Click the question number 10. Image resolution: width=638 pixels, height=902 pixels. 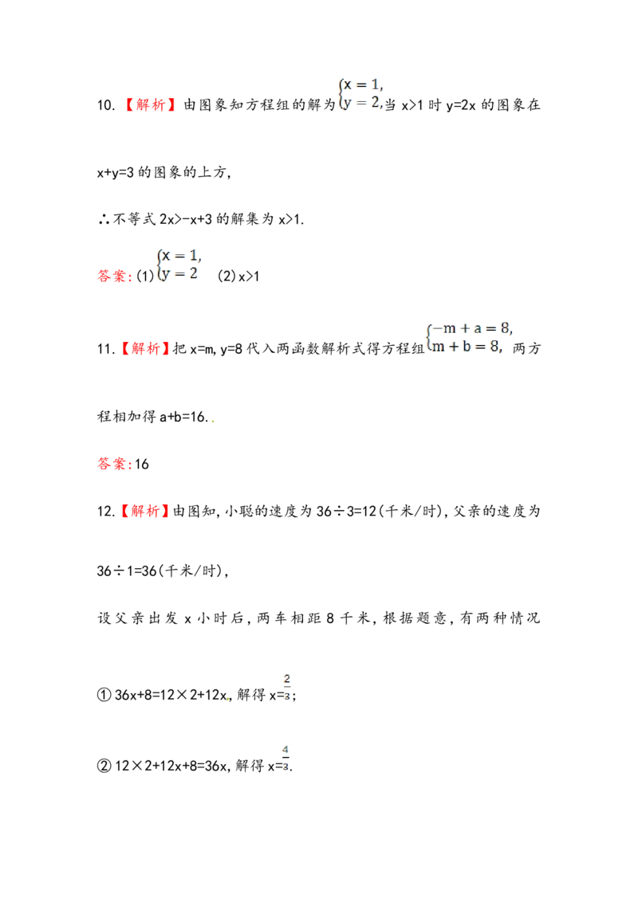107,105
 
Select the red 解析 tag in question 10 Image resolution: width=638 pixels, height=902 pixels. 151,104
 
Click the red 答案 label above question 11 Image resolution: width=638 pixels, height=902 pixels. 112,276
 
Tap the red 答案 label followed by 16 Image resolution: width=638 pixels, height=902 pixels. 112,464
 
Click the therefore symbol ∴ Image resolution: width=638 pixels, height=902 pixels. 104,219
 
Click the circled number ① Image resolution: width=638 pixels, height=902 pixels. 104,695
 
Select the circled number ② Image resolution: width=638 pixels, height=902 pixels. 104,766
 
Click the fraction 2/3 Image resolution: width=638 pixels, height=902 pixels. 287,687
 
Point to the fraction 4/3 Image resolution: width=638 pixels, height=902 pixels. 286,758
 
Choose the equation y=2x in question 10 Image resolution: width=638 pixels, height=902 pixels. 461,105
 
